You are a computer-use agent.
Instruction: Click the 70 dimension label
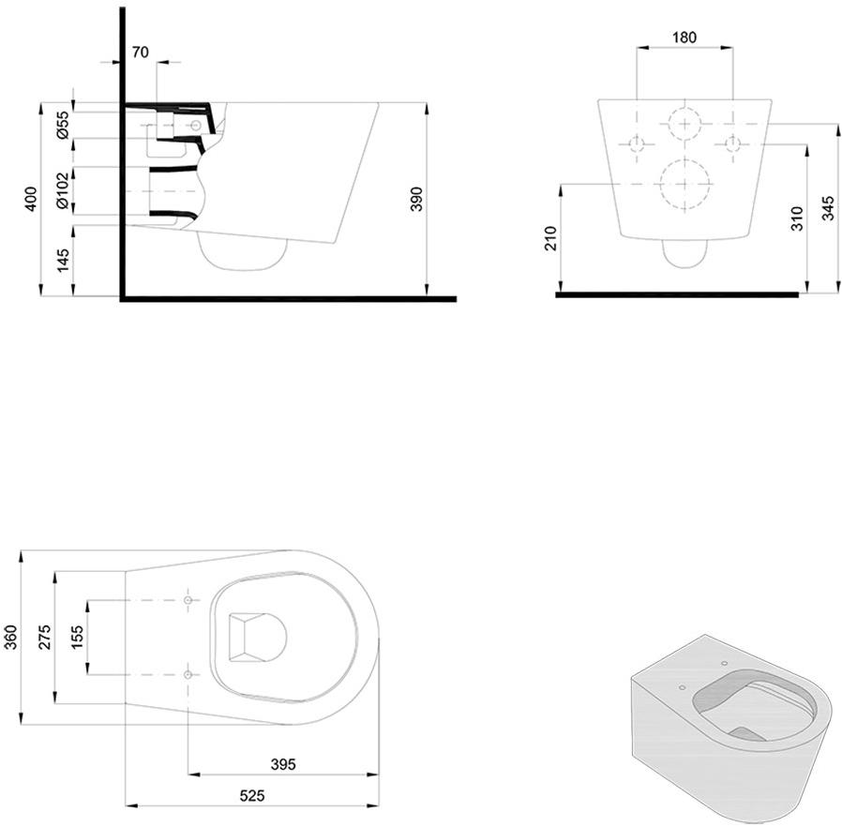click(140, 53)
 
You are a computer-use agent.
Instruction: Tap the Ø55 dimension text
click(63, 125)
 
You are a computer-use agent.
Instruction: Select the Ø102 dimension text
click(63, 190)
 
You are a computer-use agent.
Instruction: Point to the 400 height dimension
click(31, 199)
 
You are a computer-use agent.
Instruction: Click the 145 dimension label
click(63, 261)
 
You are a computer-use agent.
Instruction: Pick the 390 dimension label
click(417, 199)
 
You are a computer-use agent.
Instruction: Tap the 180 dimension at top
click(684, 38)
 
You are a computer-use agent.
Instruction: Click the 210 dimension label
click(551, 239)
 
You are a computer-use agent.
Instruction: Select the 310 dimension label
click(797, 219)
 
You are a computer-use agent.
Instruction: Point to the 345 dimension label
click(828, 208)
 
